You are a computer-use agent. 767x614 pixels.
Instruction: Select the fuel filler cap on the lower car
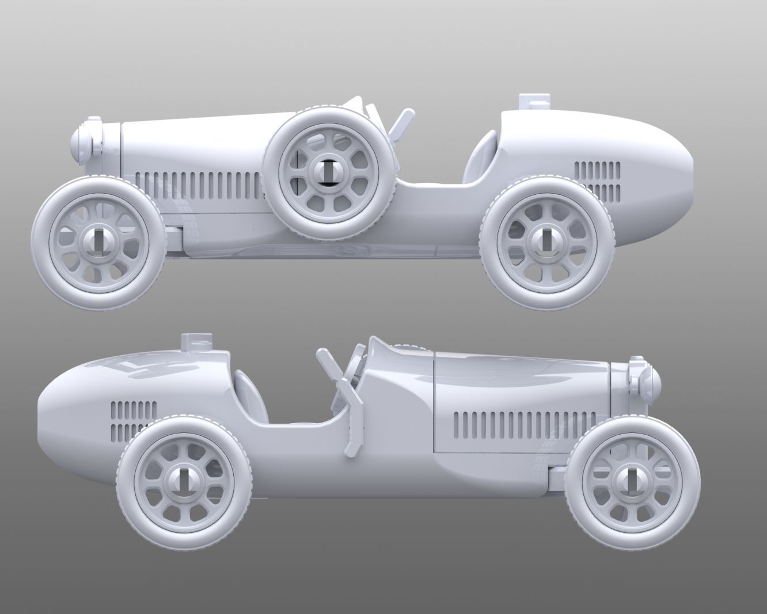[x=196, y=341]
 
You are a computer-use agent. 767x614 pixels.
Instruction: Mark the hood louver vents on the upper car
[x=199, y=186]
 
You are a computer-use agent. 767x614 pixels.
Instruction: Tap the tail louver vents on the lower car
[x=133, y=421]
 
